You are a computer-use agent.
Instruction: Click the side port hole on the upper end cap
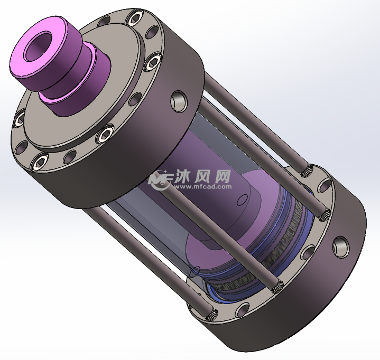(x=178, y=100)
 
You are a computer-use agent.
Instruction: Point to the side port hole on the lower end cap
(x=340, y=245)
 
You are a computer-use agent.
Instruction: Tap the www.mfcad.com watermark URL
(x=203, y=186)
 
